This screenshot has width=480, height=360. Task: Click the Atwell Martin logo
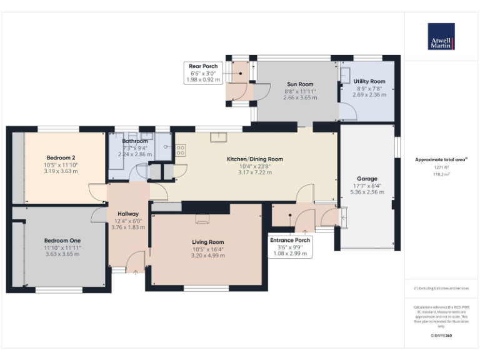pos(441,36)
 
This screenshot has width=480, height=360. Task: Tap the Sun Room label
pos(300,84)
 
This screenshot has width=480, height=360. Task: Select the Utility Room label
pos(369,81)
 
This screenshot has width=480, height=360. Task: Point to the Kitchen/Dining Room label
pos(254,159)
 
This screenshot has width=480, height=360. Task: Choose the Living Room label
pos(207,242)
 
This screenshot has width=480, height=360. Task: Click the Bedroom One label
pos(62,240)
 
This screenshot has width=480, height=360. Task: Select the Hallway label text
pos(127,214)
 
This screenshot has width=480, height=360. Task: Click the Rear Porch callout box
pos(203,73)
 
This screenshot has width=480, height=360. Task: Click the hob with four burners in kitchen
pos(181,150)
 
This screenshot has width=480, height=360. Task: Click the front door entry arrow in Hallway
pos(135,271)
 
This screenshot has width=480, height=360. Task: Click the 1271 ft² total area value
pos(441,167)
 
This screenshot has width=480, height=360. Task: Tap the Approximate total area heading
pos(441,160)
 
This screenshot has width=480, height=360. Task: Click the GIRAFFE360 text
pos(441,336)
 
